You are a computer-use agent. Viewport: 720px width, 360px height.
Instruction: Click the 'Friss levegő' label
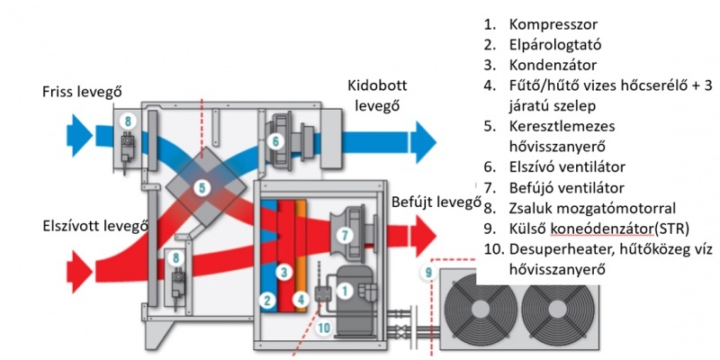(82, 92)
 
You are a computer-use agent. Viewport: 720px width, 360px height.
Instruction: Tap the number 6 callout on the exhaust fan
(274, 139)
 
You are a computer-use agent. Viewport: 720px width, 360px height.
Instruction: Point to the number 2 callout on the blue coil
(268, 300)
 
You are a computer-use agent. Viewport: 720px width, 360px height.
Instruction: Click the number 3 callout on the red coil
(283, 271)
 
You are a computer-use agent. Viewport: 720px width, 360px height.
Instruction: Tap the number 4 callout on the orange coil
(301, 300)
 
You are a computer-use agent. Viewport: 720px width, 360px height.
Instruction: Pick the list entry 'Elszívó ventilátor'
(567, 166)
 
